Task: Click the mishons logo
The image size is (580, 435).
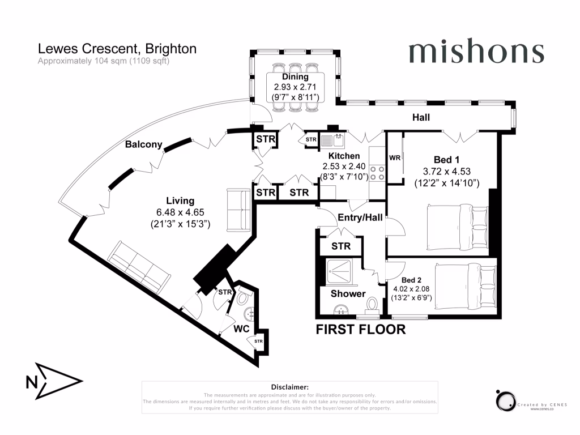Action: click(x=476, y=52)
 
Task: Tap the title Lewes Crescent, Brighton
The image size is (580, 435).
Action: click(x=117, y=49)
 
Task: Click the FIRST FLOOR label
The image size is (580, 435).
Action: click(x=360, y=329)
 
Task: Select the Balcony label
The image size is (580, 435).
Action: click(x=143, y=144)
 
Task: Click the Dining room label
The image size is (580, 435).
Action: click(x=296, y=77)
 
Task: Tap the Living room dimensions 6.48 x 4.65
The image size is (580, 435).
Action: click(x=180, y=212)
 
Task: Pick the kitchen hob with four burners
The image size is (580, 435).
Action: click(x=377, y=173)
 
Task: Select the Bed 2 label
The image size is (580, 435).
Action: click(x=412, y=280)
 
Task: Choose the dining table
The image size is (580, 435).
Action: click(x=296, y=85)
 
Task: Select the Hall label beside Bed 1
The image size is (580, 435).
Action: click(x=421, y=118)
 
